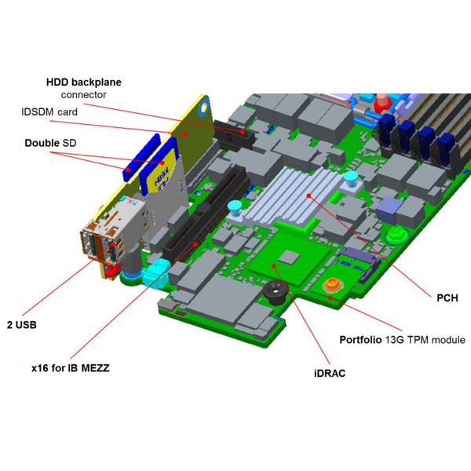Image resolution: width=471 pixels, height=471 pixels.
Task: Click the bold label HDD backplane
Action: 84,81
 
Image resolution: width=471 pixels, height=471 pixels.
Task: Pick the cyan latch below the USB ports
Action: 154,275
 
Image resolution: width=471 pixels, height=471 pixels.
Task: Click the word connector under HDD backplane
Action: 83,94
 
